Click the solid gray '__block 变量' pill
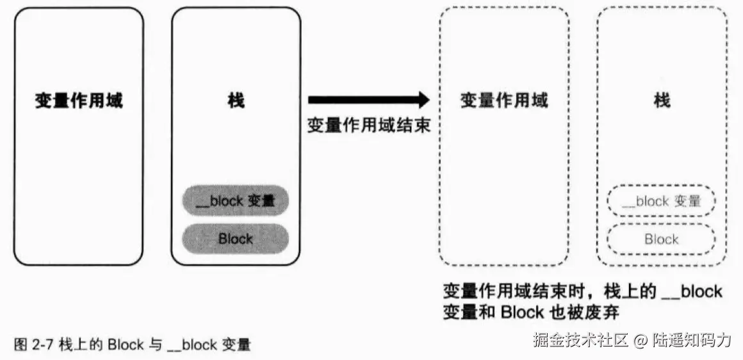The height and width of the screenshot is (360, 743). [235, 201]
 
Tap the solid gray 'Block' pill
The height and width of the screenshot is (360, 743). [235, 239]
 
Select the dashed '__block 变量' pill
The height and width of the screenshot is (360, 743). [660, 201]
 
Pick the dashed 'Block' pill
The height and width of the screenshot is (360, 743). [660, 240]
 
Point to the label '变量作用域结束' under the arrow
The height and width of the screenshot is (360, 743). [368, 125]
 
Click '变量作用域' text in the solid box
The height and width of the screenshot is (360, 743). [79, 101]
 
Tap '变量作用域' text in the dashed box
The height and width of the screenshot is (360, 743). [504, 101]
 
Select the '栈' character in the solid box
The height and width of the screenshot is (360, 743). [236, 101]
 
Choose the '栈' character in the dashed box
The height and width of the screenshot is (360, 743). [662, 101]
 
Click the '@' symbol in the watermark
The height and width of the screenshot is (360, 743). [641, 340]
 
